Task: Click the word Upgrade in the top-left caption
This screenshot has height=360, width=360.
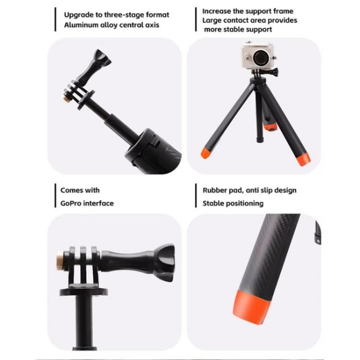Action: [x=78, y=14]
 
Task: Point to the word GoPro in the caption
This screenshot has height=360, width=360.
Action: [x=72, y=203]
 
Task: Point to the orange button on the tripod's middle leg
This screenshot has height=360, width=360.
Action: [x=271, y=129]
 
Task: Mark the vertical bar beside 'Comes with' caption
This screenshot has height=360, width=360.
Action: [x=55, y=196]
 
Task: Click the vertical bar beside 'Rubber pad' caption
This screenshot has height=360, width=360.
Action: [x=196, y=196]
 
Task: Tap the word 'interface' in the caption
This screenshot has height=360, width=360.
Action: [x=98, y=203]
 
